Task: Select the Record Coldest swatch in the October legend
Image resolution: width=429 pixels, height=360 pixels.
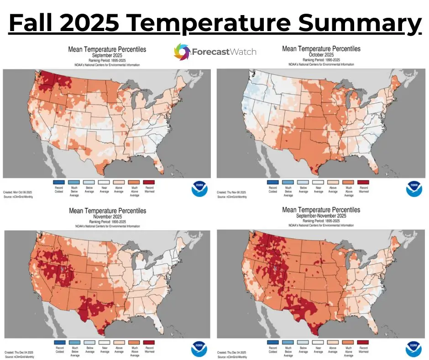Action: pos(273,182)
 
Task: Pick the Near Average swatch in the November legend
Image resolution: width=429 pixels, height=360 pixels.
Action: pos(104,342)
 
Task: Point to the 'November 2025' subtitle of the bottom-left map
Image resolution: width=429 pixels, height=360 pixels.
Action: pos(107,217)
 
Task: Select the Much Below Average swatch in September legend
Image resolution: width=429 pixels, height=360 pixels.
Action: pos(74,182)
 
